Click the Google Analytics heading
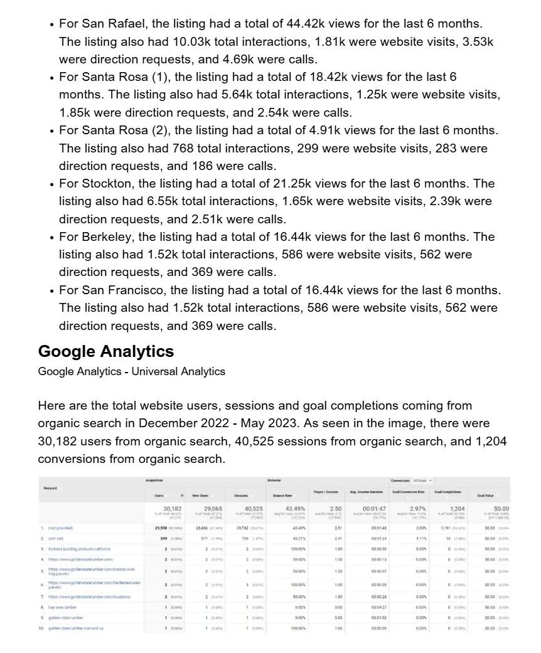pos(106,351)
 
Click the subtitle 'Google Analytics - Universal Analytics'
pos(131,371)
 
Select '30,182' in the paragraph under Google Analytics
pos(58,441)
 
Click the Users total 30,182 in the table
pos(173,508)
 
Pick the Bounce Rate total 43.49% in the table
pos(295,508)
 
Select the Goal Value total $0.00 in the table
pos(501,508)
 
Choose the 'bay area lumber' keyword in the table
pos(63,607)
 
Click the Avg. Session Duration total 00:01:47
pos(374,508)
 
